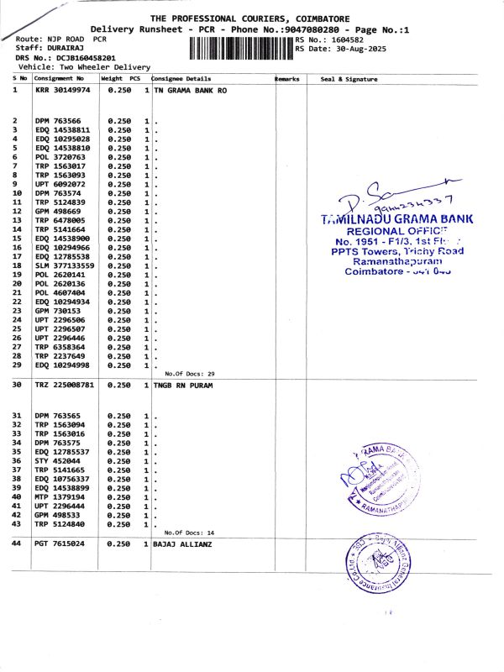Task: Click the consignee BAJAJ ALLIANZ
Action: (184, 543)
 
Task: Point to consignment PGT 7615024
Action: (60, 543)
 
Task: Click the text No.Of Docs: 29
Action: (190, 373)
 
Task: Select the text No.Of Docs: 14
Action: (190, 532)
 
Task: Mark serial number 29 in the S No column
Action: (16, 365)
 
